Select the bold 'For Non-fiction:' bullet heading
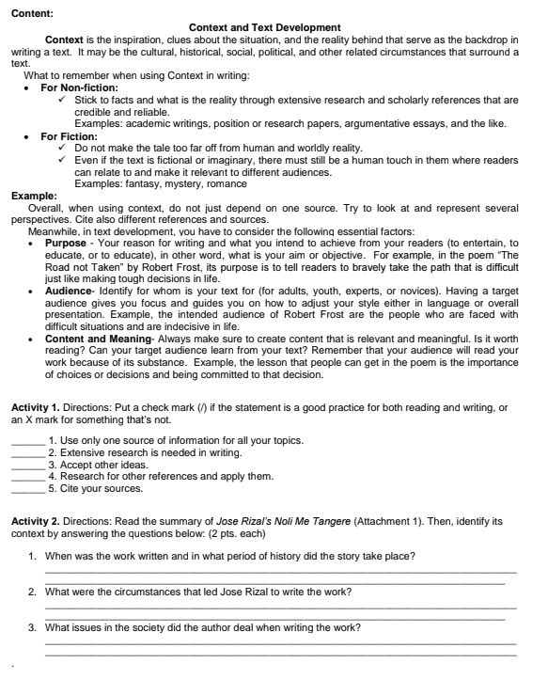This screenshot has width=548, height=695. [x=79, y=87]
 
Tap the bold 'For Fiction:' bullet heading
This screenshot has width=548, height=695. [x=68, y=136]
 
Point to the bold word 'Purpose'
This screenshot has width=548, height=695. [x=65, y=243]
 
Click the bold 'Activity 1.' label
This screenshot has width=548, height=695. [x=36, y=406]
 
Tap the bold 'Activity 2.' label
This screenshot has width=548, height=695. [x=36, y=520]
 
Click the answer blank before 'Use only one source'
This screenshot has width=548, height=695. [x=27, y=441]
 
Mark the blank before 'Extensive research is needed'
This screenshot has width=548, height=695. [x=27, y=453]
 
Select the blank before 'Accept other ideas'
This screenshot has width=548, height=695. [x=27, y=465]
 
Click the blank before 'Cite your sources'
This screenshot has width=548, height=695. [x=27, y=488]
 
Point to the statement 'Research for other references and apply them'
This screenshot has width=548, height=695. [x=161, y=476]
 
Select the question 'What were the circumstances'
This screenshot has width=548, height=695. [x=198, y=592]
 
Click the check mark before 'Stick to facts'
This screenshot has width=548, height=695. [x=61, y=100]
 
